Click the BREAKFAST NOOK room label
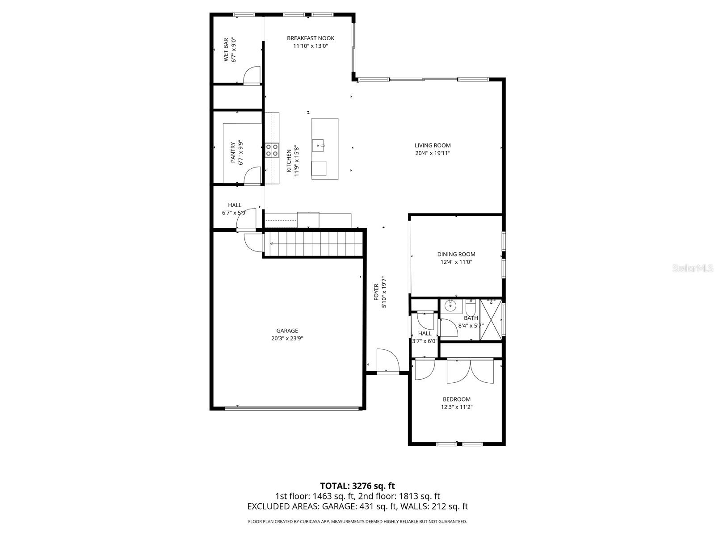pos(311,38)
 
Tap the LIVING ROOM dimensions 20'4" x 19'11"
pos(432,153)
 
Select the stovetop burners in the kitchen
pos(272,150)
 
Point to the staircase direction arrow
pos(271,244)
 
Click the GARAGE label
pos(287,331)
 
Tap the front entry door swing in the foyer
pos(387,360)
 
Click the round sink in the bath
pos(450,306)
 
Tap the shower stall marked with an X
pos(490,320)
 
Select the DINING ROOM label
pos(456,254)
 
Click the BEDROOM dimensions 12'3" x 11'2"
pos(457,407)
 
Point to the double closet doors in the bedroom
pos(470,371)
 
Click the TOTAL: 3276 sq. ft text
pos(357,486)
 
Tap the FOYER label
pos(376,291)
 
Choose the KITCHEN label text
pos(289,161)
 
